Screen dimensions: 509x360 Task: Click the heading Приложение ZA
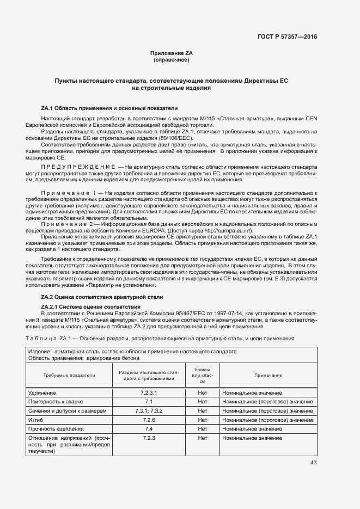pos(172,53)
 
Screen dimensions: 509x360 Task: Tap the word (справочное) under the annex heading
pos(172,59)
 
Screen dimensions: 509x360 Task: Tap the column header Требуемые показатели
pos(69,375)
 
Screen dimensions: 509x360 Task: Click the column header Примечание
pos(268,375)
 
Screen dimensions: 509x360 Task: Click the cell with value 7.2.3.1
pos(149,393)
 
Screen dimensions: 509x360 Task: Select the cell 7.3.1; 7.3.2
pos(149,410)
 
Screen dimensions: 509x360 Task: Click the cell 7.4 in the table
pos(149,428)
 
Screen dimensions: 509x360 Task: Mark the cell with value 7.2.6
pos(149,420)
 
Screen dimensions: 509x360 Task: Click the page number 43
pos(313,463)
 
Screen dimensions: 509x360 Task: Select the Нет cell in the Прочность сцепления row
pos(203,428)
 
